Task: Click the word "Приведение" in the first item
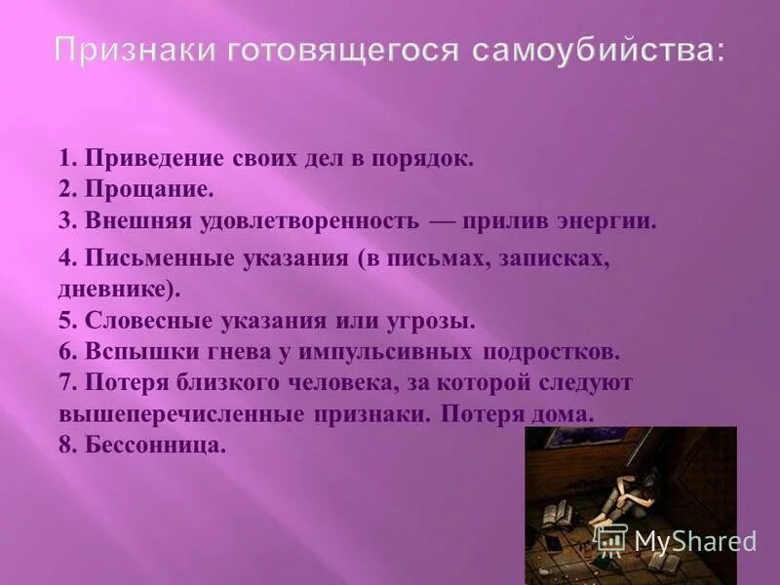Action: [156, 159]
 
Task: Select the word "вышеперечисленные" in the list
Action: [180, 412]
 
